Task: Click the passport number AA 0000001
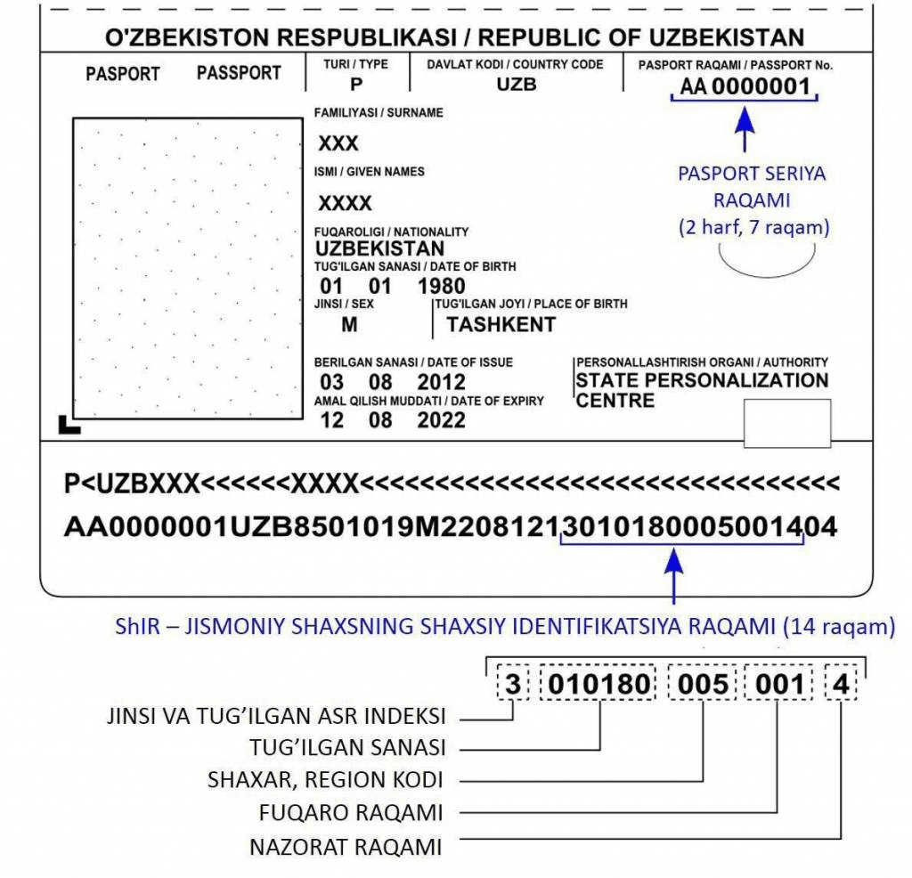[x=745, y=87]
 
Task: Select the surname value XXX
[x=338, y=144]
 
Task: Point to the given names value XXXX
[x=346, y=203]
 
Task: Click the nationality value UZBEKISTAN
[x=379, y=248]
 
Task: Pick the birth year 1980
[x=441, y=287]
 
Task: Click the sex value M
[x=349, y=325]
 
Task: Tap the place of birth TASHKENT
[x=501, y=325]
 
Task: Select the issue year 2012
[x=441, y=382]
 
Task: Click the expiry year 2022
[x=441, y=420]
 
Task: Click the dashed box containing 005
[x=704, y=685]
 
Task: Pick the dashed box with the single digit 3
[x=512, y=685]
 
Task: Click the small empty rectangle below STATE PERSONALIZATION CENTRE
[x=787, y=423]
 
